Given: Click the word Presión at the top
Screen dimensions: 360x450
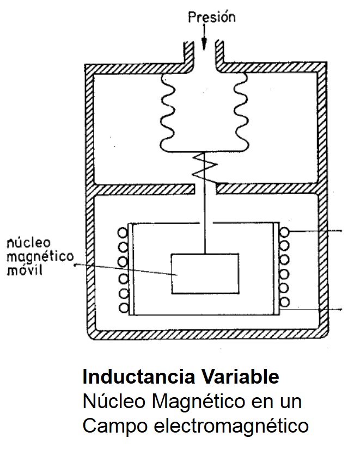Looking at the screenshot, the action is [211, 17].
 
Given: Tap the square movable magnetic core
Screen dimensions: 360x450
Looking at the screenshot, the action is [204, 273].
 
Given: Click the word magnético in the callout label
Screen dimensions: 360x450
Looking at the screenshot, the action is [41, 256].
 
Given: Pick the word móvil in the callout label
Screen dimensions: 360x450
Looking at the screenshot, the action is [24, 270].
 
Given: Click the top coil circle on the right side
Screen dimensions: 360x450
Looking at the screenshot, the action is [285, 233].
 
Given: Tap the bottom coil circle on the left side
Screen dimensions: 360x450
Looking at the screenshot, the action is [123, 308].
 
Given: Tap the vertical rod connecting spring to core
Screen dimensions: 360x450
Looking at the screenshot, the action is [205, 218].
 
